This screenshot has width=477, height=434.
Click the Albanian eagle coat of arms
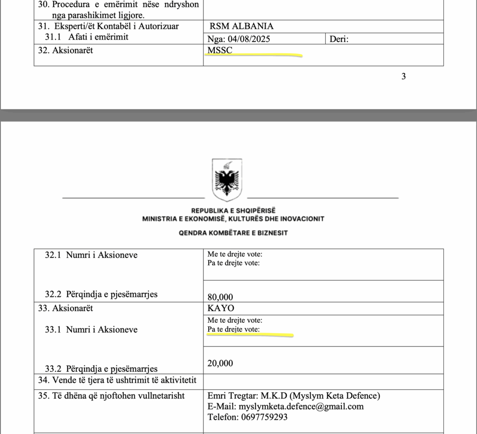tap(227, 180)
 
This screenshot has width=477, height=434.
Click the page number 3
tap(403, 77)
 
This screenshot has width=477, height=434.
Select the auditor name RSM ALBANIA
tap(242, 27)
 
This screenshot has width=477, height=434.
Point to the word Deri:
tap(339, 39)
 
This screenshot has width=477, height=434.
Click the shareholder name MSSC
tap(220, 50)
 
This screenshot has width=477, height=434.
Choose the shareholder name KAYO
tap(221, 308)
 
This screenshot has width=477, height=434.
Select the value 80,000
tap(220, 297)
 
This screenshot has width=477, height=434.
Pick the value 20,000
tap(220, 363)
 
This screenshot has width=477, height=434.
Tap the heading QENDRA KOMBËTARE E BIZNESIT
tap(233, 233)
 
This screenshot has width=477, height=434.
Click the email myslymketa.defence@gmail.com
tap(301, 407)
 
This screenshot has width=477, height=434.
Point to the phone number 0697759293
tap(264, 417)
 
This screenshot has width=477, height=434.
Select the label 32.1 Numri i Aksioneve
tap(91, 255)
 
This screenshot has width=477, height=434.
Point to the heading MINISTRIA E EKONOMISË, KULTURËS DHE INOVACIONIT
tap(233, 219)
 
